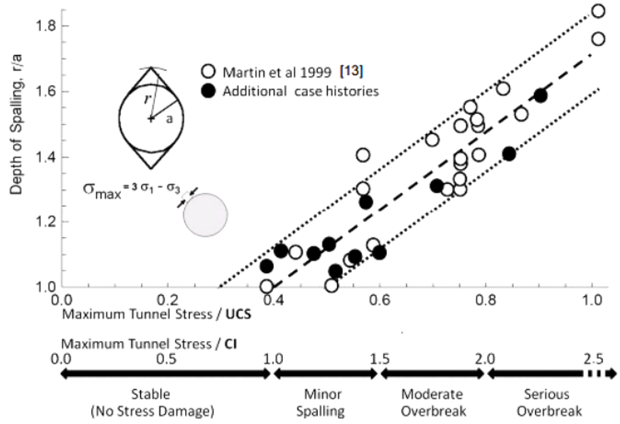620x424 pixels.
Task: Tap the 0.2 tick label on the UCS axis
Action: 166,299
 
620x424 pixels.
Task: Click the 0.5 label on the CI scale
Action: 166,360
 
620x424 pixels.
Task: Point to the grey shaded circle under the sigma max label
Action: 205,214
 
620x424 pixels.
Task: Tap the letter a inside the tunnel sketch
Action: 169,119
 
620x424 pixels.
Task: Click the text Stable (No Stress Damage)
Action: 153,402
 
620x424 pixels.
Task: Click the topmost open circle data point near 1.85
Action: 598,11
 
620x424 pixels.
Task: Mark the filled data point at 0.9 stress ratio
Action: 541,96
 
